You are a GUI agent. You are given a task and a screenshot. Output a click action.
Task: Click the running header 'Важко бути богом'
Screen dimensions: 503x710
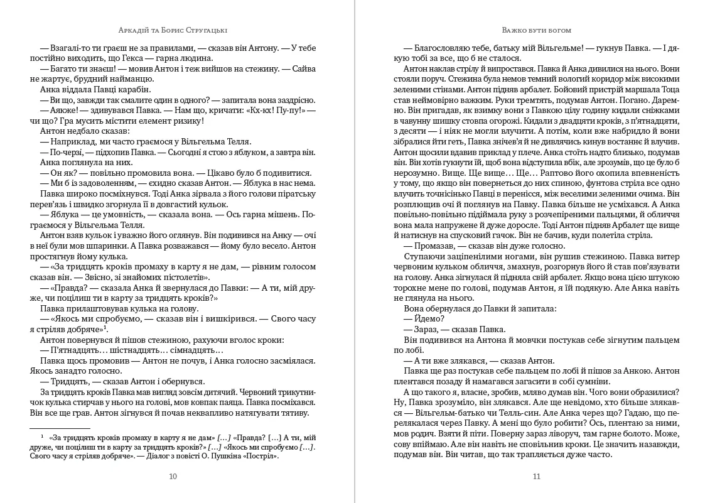(537, 30)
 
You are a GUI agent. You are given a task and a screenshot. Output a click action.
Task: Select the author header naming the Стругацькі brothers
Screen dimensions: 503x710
(174, 30)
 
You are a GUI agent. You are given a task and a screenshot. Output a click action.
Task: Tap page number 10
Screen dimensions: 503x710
(173, 476)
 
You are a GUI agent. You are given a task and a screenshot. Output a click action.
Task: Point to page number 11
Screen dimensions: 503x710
(536, 476)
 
